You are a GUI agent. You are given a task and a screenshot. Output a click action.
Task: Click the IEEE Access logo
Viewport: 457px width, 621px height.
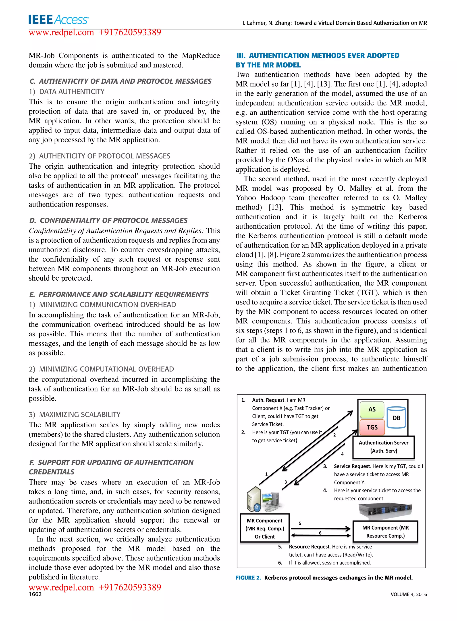click(x=58, y=19)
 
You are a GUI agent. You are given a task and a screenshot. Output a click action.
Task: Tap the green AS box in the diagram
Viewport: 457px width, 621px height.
click(x=372, y=410)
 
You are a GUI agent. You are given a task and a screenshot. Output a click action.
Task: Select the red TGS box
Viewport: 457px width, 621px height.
click(x=372, y=427)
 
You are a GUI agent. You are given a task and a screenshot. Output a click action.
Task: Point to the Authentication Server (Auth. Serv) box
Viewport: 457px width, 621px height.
click(x=383, y=447)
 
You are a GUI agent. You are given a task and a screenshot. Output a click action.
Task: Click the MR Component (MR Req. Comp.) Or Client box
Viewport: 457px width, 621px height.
click(x=265, y=528)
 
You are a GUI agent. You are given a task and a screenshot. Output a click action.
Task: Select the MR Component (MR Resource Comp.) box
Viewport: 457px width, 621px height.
click(x=385, y=531)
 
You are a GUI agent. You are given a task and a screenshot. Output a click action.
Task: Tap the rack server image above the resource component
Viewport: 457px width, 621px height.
click(x=385, y=510)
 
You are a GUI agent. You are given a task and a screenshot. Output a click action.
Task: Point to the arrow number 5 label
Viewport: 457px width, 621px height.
click(x=300, y=523)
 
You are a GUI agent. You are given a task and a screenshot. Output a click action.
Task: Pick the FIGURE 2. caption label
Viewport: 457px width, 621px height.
click(x=248, y=578)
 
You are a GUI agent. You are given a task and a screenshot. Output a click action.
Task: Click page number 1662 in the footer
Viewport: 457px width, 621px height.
click(x=35, y=594)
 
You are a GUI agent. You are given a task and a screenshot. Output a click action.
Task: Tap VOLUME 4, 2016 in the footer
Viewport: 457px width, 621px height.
click(x=409, y=594)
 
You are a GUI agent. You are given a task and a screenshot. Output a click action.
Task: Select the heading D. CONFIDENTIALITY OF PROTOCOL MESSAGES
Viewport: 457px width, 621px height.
click(x=108, y=220)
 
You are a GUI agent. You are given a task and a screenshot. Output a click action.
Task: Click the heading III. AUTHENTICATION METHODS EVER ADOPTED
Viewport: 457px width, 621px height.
click(x=318, y=56)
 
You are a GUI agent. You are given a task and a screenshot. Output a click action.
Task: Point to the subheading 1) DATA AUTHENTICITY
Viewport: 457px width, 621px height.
click(x=67, y=91)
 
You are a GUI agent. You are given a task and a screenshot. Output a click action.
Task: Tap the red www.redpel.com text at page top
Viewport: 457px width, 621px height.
click(x=61, y=32)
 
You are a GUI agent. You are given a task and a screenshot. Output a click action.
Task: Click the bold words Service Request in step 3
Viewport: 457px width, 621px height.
click(x=352, y=466)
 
